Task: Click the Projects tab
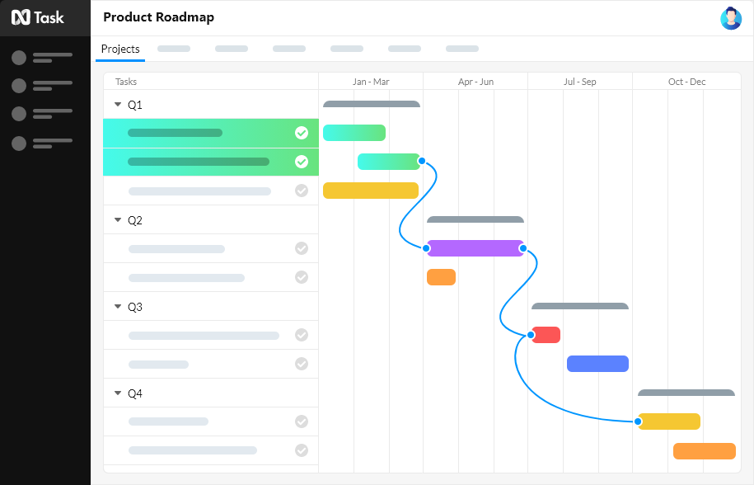(x=120, y=49)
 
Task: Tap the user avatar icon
(x=730, y=18)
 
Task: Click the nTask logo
(x=38, y=17)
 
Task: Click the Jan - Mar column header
(x=371, y=82)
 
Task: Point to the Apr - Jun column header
(x=475, y=82)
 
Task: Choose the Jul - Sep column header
(x=580, y=82)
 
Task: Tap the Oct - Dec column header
(x=686, y=82)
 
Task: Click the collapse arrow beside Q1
(x=118, y=105)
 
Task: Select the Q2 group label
(x=135, y=220)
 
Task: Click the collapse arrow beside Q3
(x=118, y=307)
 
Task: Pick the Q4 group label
(x=135, y=393)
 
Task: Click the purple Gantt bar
(x=475, y=248)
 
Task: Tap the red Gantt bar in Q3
(x=546, y=335)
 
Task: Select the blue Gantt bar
(x=597, y=364)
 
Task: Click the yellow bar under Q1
(x=371, y=191)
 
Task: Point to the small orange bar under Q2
(x=441, y=277)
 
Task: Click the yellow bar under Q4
(x=669, y=421)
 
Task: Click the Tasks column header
(x=126, y=82)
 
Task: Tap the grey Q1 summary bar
(x=372, y=104)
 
